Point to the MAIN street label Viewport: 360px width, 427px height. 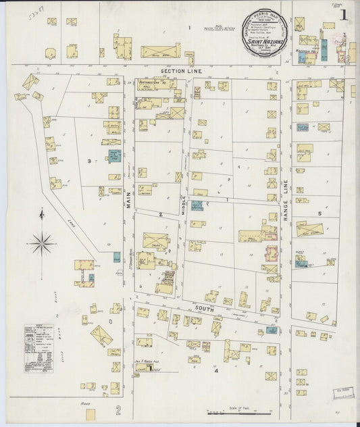coord(128,197)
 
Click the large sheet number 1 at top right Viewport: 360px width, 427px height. coord(344,14)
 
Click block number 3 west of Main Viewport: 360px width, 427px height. coord(88,161)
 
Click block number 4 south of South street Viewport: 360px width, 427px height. coord(217,371)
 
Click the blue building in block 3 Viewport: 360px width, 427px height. coord(114,156)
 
